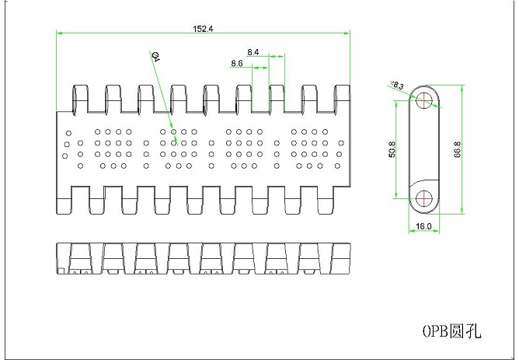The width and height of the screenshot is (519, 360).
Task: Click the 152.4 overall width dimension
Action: pos(204,29)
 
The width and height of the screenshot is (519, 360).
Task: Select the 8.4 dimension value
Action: pos(254,51)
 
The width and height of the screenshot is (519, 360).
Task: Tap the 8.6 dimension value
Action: pos(237,64)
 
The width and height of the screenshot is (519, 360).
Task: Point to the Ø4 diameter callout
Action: pos(155,56)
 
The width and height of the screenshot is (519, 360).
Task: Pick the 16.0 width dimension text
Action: pos(424,226)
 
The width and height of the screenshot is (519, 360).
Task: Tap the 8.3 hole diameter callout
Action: pos(397,86)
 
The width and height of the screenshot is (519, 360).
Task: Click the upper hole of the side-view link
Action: pos(424,100)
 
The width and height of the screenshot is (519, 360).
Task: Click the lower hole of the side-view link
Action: pos(424,199)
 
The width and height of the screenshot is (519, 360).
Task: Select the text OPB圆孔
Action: pos(451,331)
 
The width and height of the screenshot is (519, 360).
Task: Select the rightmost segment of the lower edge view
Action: pos(341,259)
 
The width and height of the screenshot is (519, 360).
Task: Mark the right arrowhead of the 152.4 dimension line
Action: pos(349,33)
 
